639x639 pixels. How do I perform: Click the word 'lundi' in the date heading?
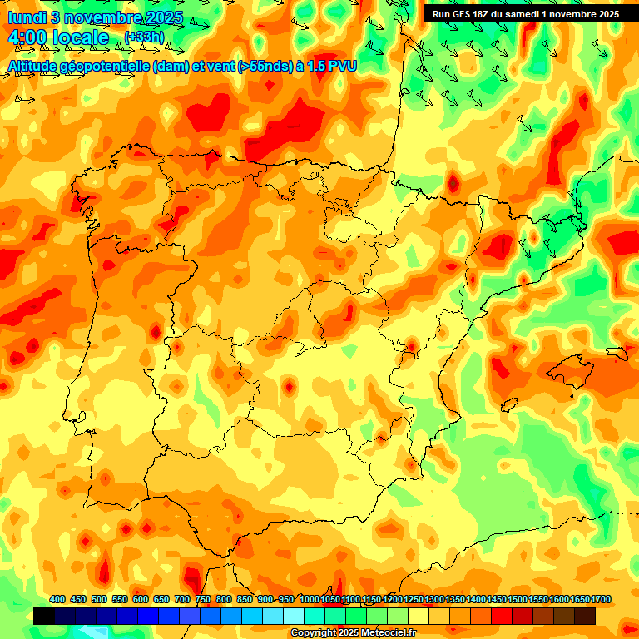point(26,17)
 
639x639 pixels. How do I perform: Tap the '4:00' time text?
point(28,37)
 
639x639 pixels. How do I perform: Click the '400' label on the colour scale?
point(57,599)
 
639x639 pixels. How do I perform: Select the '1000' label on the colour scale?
point(309,599)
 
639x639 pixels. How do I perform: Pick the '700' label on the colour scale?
point(182,599)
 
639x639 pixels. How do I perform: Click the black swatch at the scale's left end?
point(44,617)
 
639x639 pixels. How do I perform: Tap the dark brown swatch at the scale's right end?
point(585,617)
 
